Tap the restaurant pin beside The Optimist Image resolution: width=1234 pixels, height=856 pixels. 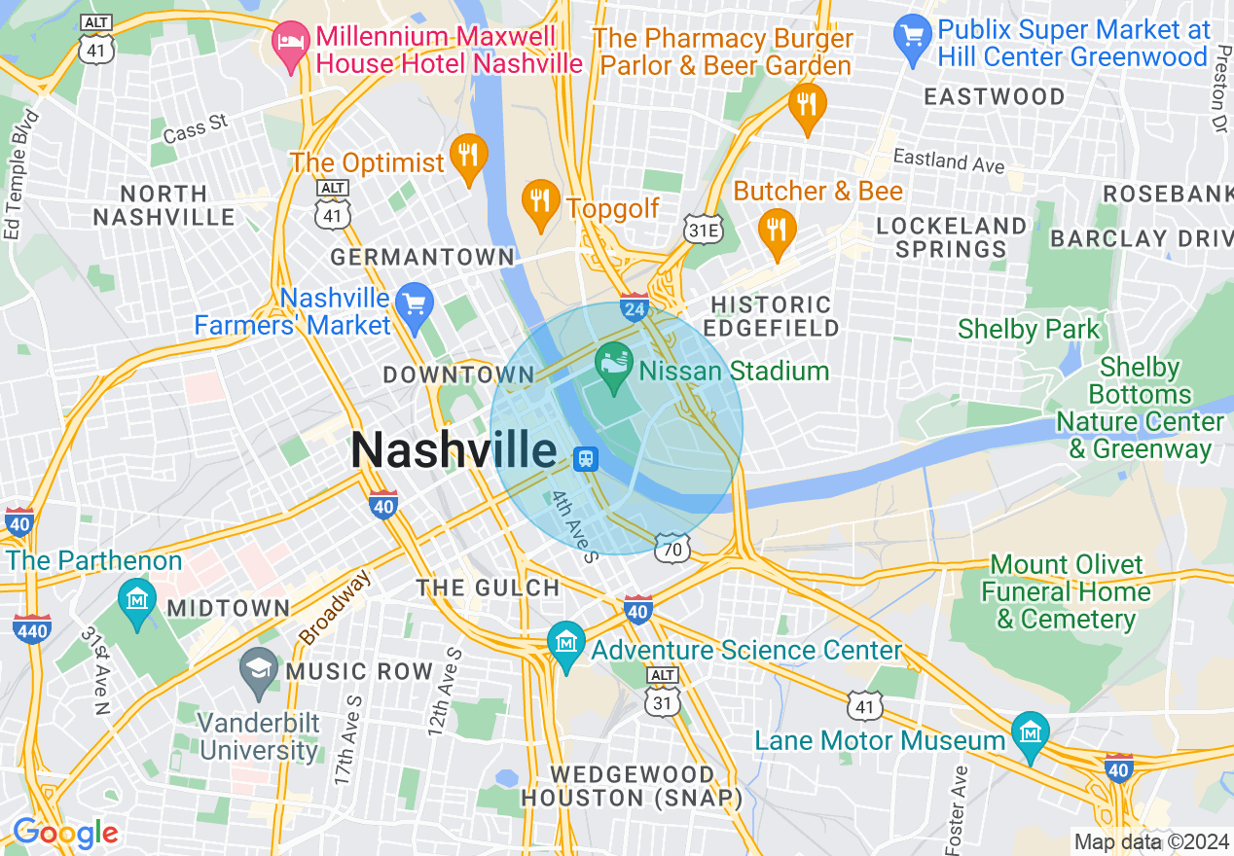point(469,157)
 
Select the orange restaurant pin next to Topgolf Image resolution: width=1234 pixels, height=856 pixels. point(538,201)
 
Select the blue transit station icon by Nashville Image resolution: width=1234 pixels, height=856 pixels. point(586,458)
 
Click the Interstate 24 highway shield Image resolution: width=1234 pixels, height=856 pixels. point(635,305)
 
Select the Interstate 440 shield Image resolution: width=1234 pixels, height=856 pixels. point(32,628)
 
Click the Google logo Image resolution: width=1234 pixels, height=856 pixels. point(65,833)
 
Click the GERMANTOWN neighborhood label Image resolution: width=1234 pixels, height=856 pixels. point(421,258)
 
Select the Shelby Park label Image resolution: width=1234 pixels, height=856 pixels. point(1029,330)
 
